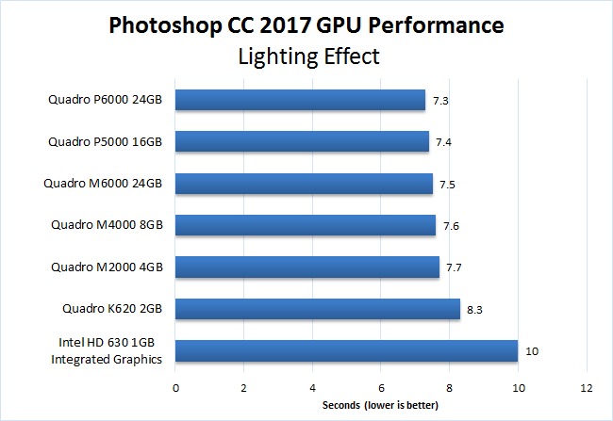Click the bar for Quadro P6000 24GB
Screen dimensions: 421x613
tap(300, 100)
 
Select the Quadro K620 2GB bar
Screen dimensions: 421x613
tap(317, 309)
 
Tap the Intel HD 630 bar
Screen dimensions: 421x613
tap(346, 350)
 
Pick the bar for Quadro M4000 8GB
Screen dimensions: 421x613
tap(305, 225)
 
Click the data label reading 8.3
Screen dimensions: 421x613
tap(474, 309)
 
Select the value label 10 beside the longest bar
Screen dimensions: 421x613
tap(533, 350)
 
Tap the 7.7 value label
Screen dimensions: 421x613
tap(454, 267)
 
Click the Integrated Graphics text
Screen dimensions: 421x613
tap(108, 359)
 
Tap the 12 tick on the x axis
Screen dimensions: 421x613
tap(587, 387)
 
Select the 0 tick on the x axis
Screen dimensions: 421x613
tap(175, 387)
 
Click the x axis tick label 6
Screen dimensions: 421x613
tap(381, 387)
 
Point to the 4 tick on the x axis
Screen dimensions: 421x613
tap(312, 387)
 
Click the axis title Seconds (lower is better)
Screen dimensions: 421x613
tap(380, 406)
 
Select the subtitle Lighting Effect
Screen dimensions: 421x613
tap(306, 56)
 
